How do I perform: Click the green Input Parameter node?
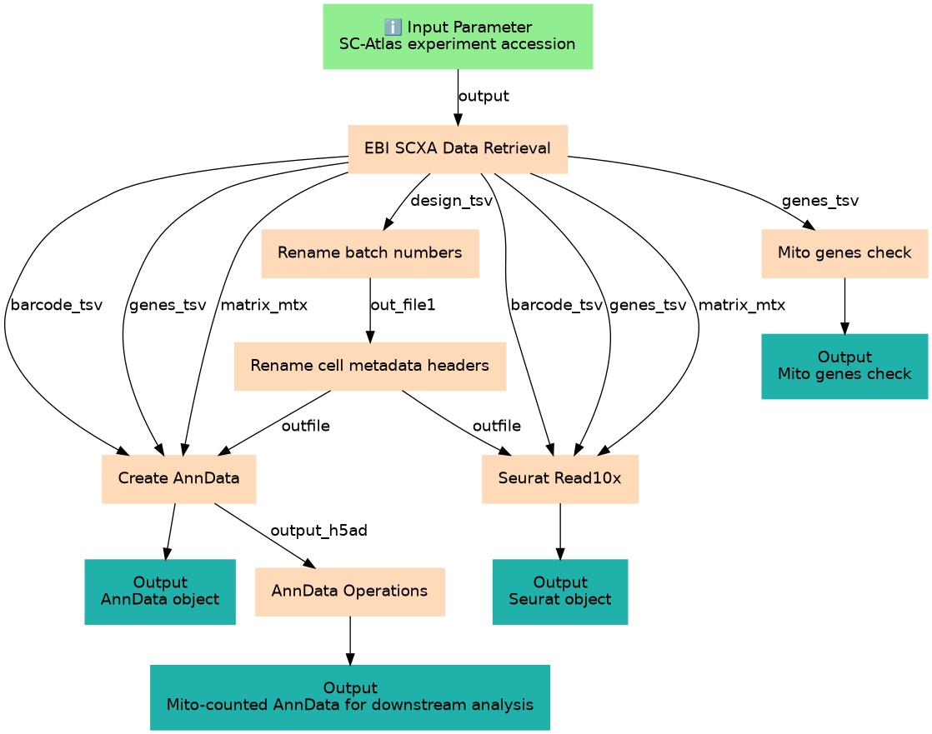458,36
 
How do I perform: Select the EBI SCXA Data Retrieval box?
458,148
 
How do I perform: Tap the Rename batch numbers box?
369,253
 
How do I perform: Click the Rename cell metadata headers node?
369,366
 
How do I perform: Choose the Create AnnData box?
179,479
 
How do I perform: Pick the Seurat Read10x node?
560,479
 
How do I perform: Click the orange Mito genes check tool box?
844,253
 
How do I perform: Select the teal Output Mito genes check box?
844,366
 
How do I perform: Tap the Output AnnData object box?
160,592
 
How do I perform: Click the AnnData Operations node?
349,592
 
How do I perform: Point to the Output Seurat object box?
560,592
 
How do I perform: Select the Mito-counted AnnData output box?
349,697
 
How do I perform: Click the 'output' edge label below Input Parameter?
484,96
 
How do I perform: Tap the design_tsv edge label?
452,201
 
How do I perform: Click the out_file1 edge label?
403,305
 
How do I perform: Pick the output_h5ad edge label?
318,531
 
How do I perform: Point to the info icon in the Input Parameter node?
393,27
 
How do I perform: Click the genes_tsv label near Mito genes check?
819,201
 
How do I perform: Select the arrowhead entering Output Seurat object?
560,553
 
